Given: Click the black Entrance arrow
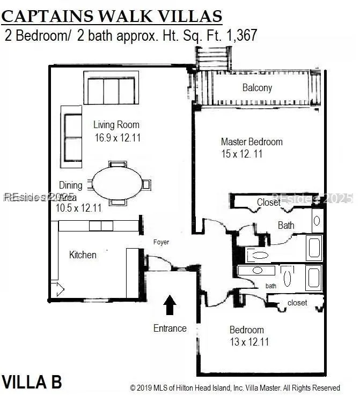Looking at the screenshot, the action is (x=170, y=304).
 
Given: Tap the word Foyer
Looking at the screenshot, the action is (x=161, y=242).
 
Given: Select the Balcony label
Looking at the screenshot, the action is (x=257, y=88).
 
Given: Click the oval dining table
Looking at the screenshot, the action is (x=117, y=183).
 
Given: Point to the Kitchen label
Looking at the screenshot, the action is (x=83, y=255).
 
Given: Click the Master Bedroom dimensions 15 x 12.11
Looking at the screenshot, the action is (x=241, y=154).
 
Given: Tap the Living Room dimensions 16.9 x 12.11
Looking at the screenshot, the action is (x=117, y=138).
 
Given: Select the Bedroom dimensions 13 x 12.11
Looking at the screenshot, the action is (x=249, y=342).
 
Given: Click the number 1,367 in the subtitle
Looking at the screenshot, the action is (x=242, y=35).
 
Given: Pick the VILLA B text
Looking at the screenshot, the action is (x=32, y=382).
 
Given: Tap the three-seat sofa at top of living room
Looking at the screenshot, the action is (x=111, y=88).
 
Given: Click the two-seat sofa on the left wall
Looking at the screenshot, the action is (x=71, y=137).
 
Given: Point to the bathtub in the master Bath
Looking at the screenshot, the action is (x=314, y=248).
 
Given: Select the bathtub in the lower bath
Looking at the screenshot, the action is (x=314, y=278).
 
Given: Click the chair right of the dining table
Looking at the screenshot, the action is (x=146, y=184).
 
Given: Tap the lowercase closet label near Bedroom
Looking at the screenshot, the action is (x=297, y=303).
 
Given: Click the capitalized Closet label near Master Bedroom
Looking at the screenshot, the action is (x=268, y=202).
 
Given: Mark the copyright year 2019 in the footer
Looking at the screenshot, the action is (x=144, y=387).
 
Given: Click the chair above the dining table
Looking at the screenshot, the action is (x=117, y=164).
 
